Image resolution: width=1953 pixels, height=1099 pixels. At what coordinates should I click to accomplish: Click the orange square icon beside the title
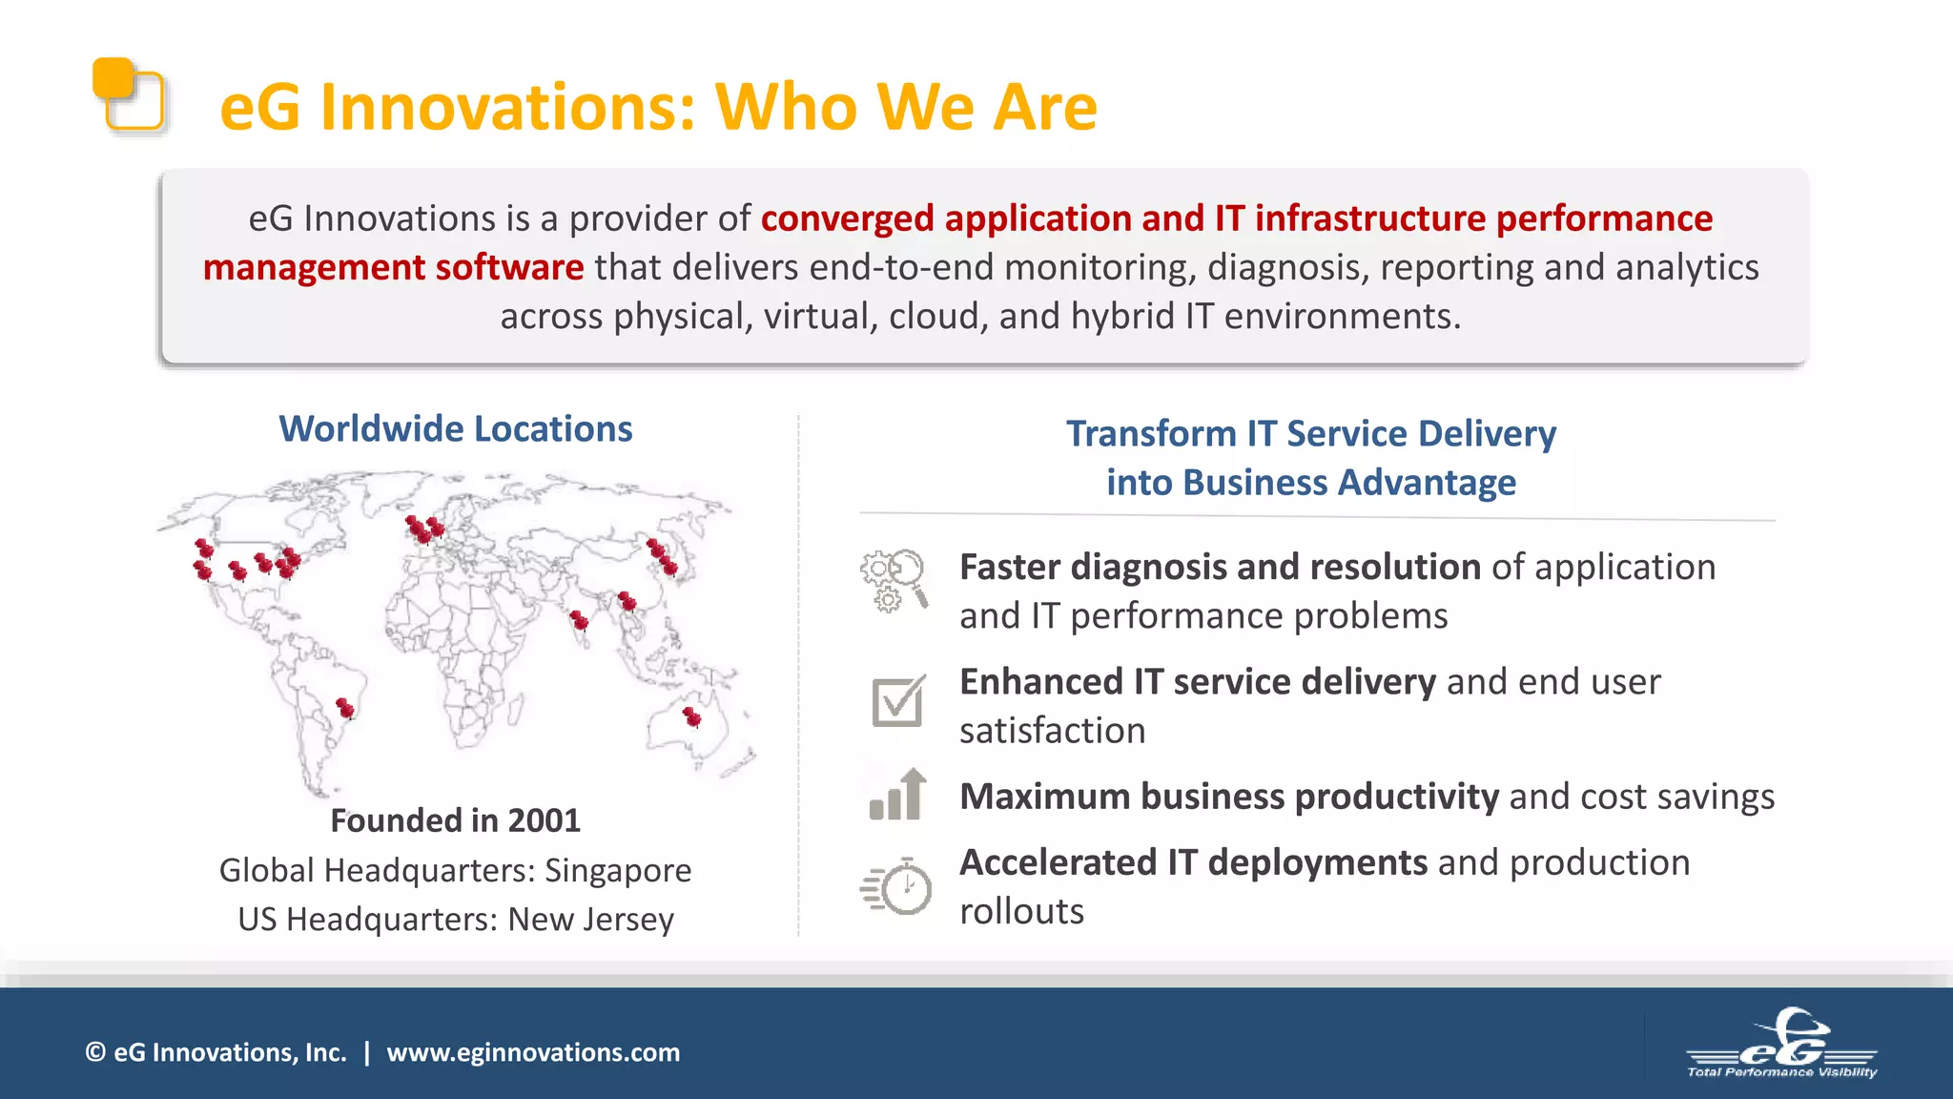point(128,94)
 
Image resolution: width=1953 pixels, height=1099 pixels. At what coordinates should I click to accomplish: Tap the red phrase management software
point(393,268)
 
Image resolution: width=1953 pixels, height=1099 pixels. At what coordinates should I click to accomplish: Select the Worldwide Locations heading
point(455,429)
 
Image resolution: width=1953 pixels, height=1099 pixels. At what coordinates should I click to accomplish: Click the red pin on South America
point(345,708)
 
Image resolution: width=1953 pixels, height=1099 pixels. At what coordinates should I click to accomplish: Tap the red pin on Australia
point(692,716)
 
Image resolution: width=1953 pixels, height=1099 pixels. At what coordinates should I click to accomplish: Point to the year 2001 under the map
point(544,820)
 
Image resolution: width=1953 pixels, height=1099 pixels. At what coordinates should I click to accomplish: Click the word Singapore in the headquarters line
point(618,870)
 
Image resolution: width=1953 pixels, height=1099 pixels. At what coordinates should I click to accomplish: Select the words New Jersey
point(590,919)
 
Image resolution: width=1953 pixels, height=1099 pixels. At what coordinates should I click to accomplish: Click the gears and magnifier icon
point(894,580)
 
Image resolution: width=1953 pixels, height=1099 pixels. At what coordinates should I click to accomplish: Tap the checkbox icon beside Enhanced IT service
point(897,701)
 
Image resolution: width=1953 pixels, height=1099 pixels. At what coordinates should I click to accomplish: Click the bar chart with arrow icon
point(897,795)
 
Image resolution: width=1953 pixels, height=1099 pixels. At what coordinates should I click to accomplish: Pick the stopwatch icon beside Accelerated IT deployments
point(896,886)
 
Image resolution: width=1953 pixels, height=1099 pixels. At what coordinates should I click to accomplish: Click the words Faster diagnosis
point(1097,568)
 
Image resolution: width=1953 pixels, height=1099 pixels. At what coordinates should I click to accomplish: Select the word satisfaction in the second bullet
point(1052,731)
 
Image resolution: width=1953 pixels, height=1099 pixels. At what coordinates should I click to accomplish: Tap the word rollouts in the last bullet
point(1021,912)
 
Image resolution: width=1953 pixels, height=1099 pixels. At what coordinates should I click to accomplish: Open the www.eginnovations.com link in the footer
point(533,1052)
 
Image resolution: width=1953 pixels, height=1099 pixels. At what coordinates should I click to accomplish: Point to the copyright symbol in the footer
point(95,1052)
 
